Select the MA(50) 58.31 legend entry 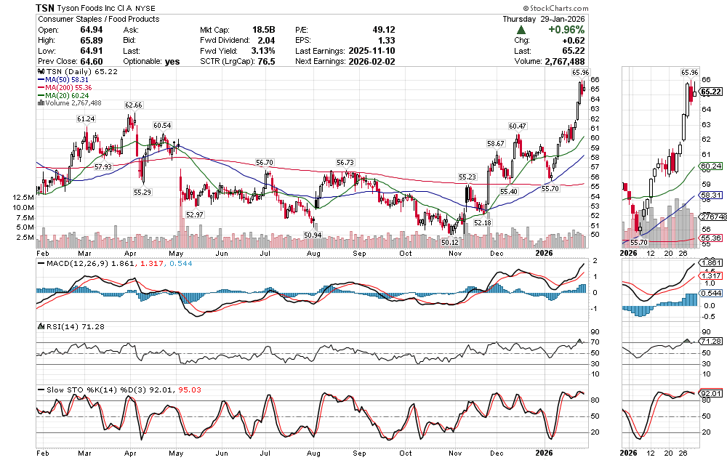click(x=68, y=80)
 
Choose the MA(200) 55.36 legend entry click(x=70, y=88)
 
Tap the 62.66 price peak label click(x=134, y=105)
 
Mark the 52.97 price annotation click(x=195, y=215)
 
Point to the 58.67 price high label click(x=496, y=144)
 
